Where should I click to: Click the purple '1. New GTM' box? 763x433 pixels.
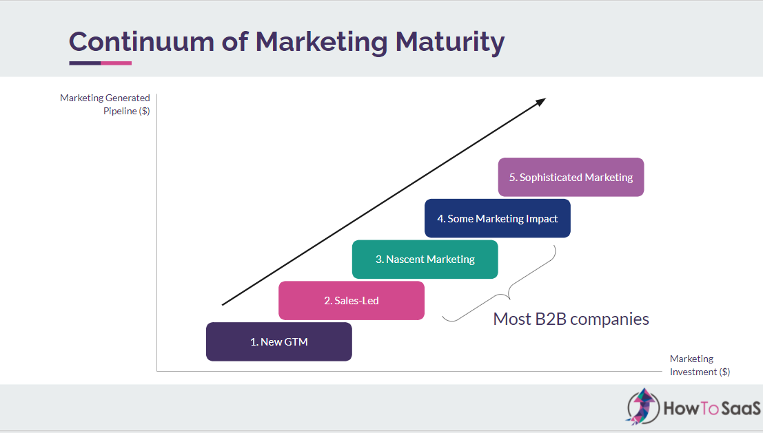(x=279, y=341)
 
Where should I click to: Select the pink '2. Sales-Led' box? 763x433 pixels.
(x=352, y=300)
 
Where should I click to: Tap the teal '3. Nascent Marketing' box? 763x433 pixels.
(x=425, y=259)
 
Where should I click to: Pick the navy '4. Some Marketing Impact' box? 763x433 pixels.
(x=498, y=218)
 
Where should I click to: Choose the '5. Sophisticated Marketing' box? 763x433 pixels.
(x=571, y=177)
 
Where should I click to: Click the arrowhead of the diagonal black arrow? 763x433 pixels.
(x=541, y=101)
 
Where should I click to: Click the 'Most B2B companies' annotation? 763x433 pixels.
(x=571, y=319)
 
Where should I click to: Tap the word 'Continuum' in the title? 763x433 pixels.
(x=141, y=42)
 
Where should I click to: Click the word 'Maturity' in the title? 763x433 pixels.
(x=449, y=43)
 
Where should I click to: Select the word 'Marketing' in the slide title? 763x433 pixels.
(x=321, y=43)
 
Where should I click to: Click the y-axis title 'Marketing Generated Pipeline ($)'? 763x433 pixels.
(x=105, y=105)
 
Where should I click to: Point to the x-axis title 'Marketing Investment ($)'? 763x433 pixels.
(x=700, y=365)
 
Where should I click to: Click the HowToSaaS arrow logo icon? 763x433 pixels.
(x=643, y=406)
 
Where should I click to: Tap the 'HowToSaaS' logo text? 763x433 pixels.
(x=712, y=408)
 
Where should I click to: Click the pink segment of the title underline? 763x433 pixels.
(x=116, y=63)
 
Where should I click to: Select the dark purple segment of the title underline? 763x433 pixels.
(x=85, y=63)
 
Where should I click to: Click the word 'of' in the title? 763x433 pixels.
(x=234, y=42)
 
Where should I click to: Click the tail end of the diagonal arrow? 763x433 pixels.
(x=223, y=305)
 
